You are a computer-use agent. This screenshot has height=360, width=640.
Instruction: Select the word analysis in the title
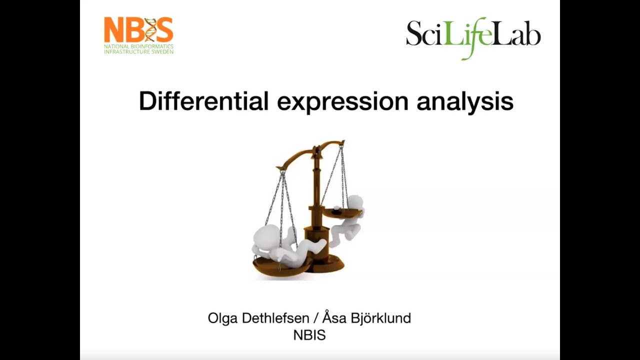(465, 101)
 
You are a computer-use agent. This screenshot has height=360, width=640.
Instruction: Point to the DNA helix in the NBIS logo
(150, 30)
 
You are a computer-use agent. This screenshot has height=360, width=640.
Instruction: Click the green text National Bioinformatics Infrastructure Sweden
(138, 48)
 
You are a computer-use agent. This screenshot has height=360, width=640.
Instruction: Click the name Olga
(223, 318)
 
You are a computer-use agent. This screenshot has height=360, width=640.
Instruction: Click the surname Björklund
(381, 318)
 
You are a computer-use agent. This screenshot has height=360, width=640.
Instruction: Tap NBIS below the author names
(309, 335)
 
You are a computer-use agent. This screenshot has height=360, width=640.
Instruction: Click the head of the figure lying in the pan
(265, 235)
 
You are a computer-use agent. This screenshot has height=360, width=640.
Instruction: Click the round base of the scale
(325, 263)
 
